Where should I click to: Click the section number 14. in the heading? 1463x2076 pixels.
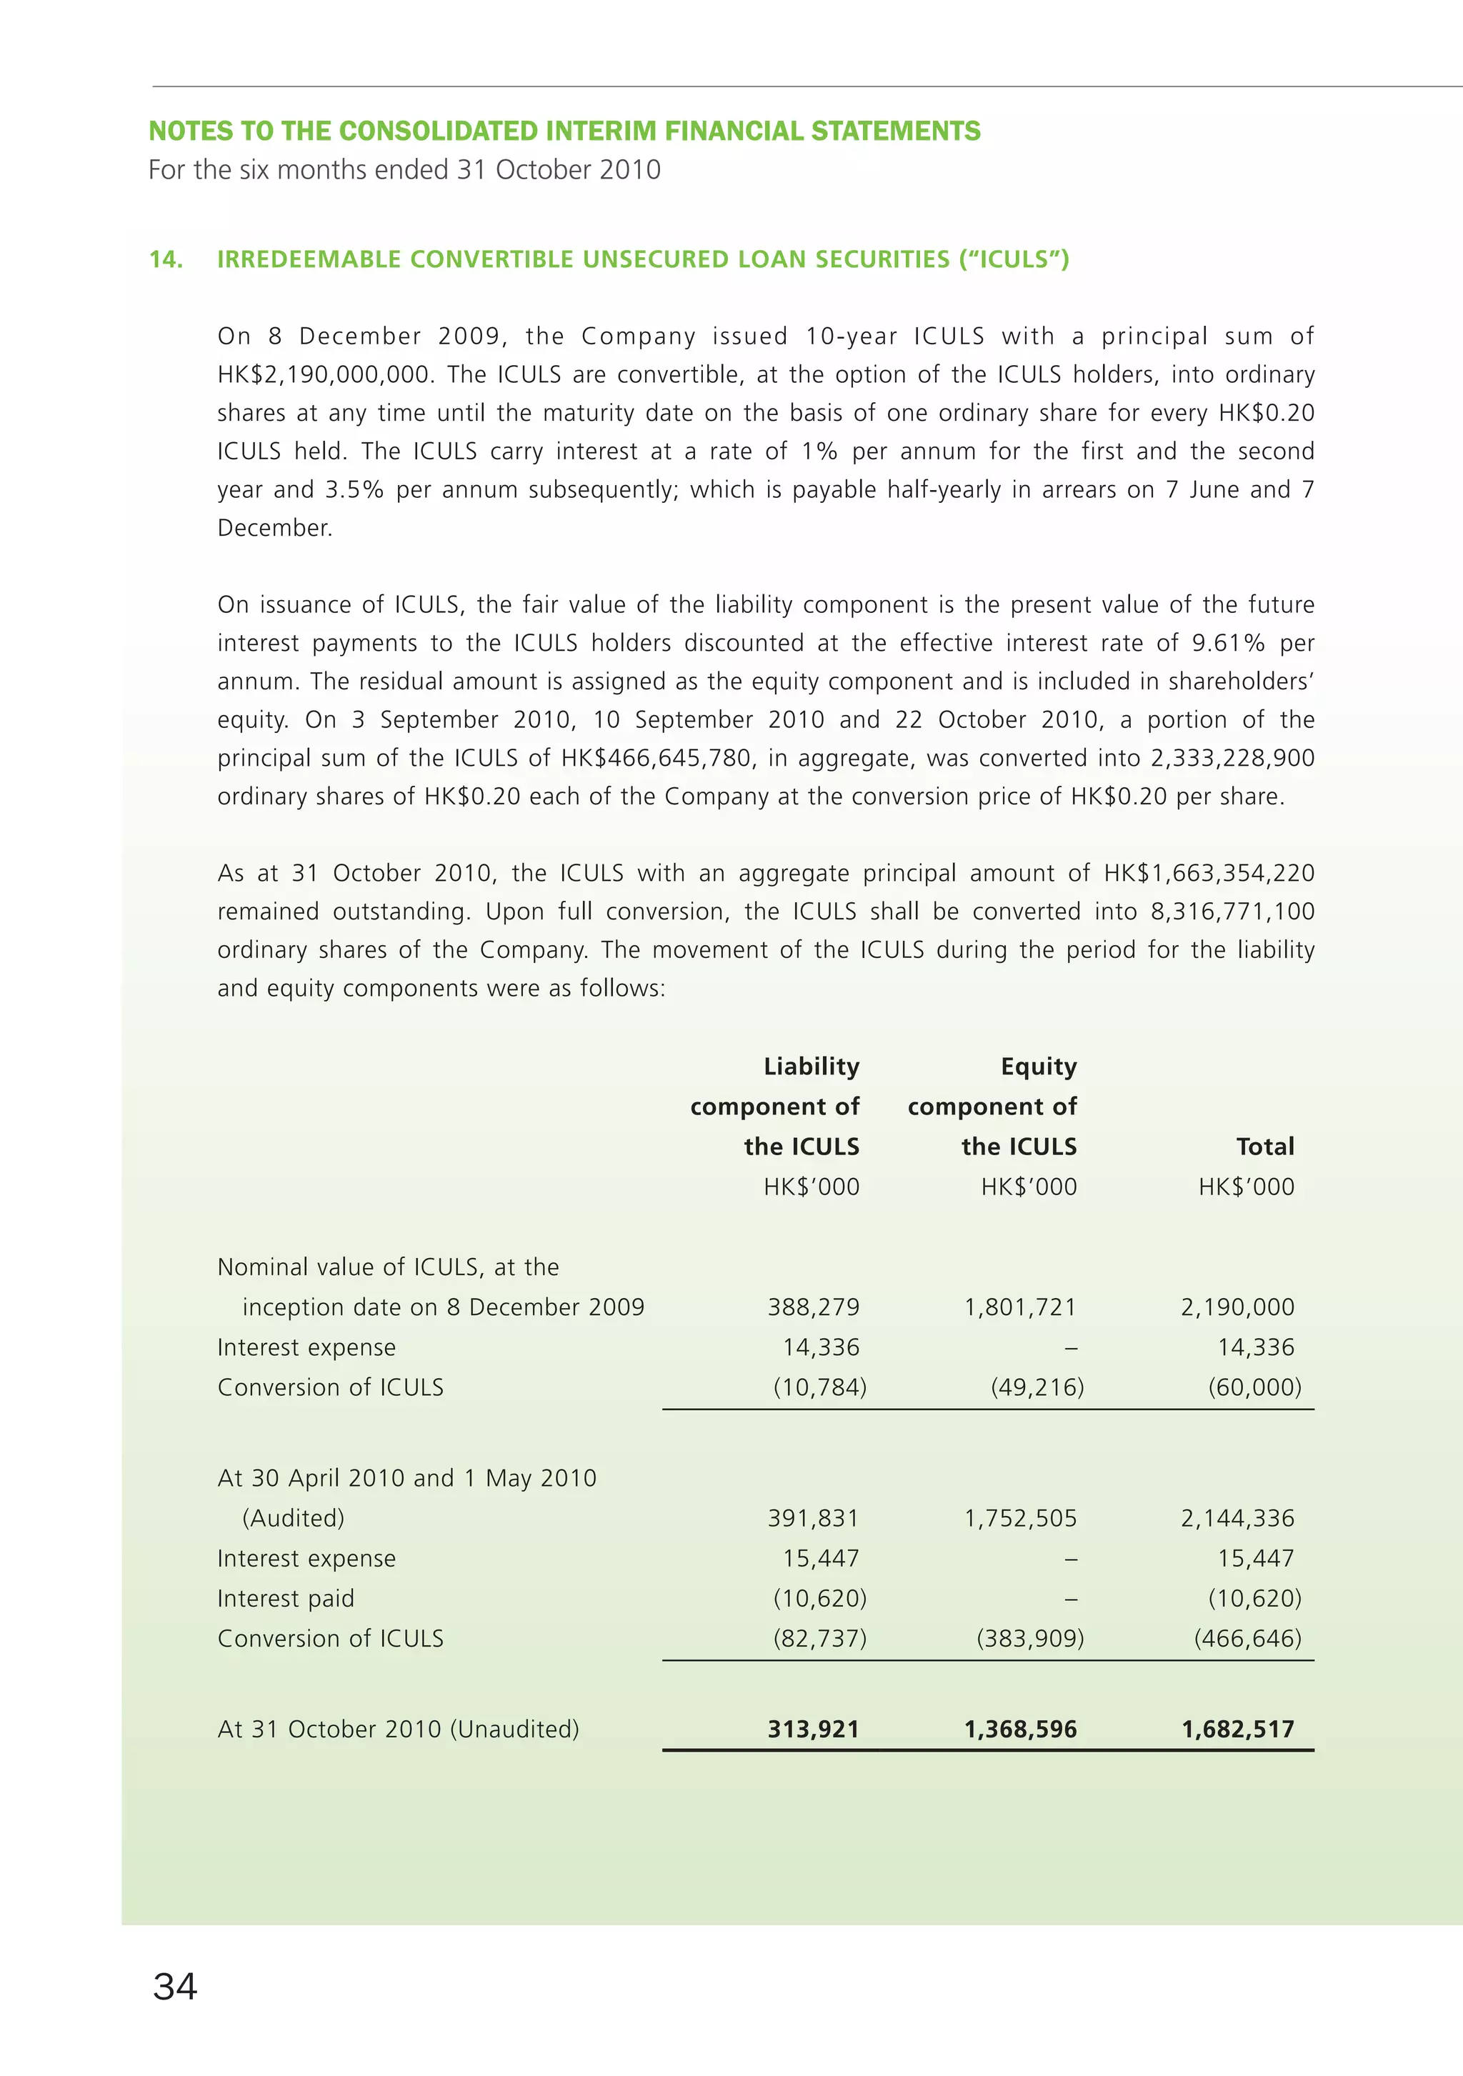tap(166, 259)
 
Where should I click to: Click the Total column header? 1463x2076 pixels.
tap(1264, 1147)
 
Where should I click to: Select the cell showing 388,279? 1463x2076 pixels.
tap(813, 1307)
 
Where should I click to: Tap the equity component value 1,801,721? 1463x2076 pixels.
tap(1020, 1307)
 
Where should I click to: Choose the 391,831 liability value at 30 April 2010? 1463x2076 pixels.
tap(813, 1518)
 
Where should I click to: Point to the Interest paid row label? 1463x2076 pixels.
tap(286, 1599)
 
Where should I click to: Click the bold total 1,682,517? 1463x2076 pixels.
tap(1237, 1730)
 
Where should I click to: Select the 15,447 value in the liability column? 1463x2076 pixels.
tap(820, 1558)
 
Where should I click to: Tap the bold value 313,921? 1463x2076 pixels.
tap(813, 1730)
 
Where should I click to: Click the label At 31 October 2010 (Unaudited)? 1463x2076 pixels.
tap(398, 1730)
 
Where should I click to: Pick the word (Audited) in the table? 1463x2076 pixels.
tap(293, 1518)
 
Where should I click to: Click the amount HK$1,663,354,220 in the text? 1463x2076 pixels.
tap(1209, 874)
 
